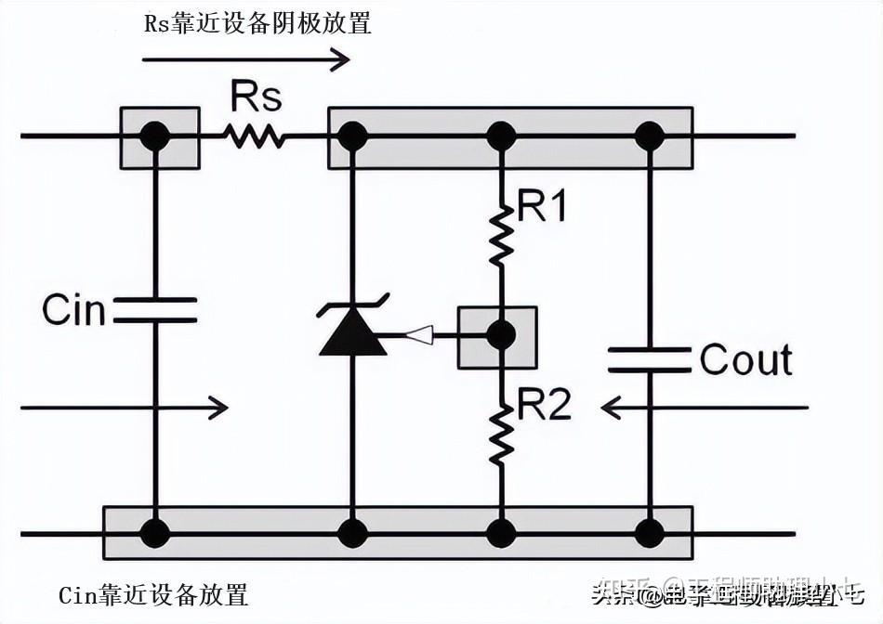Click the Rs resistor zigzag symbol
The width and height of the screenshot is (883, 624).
click(x=253, y=136)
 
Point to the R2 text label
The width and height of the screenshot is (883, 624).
click(x=545, y=405)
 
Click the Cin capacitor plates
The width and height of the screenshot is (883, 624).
click(x=154, y=310)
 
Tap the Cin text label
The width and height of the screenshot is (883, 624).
click(x=74, y=310)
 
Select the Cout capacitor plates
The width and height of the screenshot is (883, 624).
click(x=649, y=359)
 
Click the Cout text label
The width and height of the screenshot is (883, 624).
click(x=745, y=359)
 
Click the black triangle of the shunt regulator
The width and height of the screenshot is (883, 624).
click(x=352, y=335)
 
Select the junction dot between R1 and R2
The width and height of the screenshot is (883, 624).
click(x=501, y=335)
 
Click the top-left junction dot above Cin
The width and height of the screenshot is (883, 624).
click(x=154, y=136)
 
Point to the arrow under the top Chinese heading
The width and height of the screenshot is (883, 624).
click(x=245, y=60)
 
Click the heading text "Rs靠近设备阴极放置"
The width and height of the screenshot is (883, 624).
click(x=257, y=23)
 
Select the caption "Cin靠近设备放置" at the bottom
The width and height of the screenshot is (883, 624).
click(x=153, y=594)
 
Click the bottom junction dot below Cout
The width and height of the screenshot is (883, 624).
click(x=649, y=533)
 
